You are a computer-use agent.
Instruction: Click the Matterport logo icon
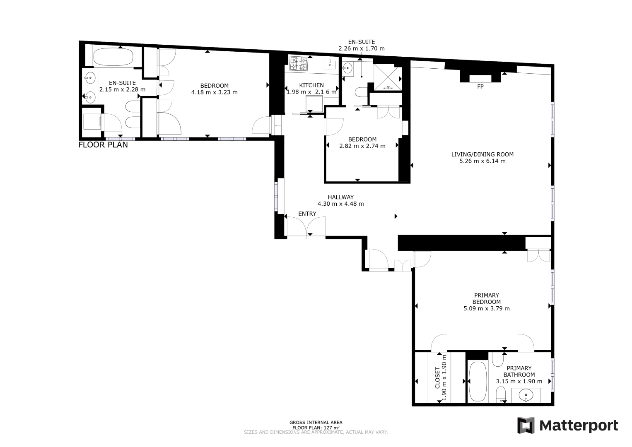click(526, 425)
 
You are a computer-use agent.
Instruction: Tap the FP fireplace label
click(480, 87)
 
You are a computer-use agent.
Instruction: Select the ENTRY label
click(307, 214)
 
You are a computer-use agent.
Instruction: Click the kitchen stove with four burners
click(299, 63)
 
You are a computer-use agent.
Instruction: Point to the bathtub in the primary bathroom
click(478, 381)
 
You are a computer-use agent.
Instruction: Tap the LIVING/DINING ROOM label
click(482, 154)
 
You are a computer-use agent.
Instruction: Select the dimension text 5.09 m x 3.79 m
click(487, 308)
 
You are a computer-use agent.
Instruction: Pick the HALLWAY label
click(340, 197)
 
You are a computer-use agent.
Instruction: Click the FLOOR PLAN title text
click(103, 145)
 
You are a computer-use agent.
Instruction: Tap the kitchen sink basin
click(329, 65)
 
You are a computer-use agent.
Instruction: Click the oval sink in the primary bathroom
click(526, 395)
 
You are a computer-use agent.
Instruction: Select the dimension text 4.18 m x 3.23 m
click(215, 92)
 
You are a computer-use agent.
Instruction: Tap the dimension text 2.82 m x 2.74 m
click(362, 146)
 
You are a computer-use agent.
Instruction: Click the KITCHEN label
click(311, 85)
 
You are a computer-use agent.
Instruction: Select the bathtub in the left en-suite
click(113, 57)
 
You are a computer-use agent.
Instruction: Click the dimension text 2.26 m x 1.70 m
click(362, 48)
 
